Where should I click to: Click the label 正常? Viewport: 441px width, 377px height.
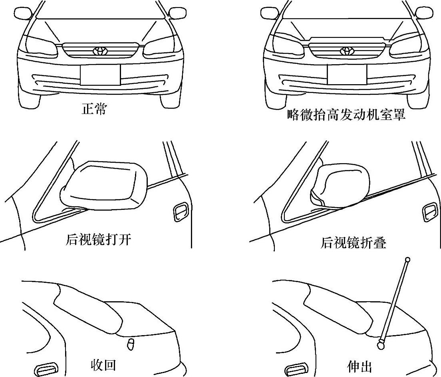pyautogui.click(x=94, y=109)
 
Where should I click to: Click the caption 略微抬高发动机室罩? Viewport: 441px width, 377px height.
pyautogui.click(x=346, y=115)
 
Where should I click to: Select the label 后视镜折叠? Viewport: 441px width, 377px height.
pyautogui.click(x=354, y=243)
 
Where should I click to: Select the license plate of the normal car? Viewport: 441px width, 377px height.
pyautogui.click(x=100, y=75)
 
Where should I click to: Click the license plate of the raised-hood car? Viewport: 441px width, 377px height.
pyautogui.click(x=347, y=75)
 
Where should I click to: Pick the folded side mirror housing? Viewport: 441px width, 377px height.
pyautogui.click(x=340, y=185)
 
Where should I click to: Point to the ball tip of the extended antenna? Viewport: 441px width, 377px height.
pyautogui.click(x=407, y=260)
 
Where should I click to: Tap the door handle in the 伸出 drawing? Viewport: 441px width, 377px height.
pyautogui.click(x=296, y=369)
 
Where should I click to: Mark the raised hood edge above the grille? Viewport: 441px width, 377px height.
pyautogui.click(x=346, y=39)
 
